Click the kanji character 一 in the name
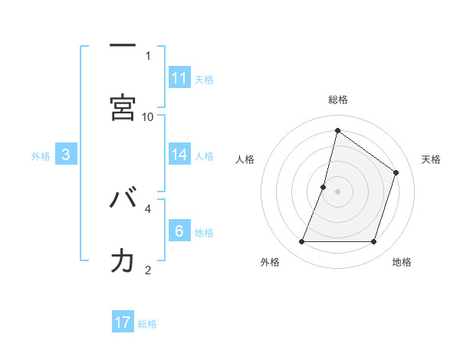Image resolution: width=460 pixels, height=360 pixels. point(123,47)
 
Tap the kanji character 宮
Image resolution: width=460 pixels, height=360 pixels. point(123,106)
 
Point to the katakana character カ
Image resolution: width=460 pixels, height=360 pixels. point(123,260)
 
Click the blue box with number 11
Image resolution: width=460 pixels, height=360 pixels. point(179,78)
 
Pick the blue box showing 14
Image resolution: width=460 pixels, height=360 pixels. point(179,155)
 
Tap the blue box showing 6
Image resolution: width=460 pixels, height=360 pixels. point(179,231)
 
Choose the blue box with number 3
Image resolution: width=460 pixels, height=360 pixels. point(66,155)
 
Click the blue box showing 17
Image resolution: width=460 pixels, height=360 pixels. point(123,322)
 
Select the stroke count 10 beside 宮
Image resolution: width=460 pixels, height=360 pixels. point(148,116)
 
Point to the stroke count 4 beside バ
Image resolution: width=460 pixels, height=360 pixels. point(148,207)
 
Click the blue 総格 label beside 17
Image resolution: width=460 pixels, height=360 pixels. point(147,324)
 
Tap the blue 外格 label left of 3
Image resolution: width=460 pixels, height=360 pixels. point(41,155)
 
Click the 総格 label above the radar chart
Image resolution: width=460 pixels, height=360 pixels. point(338,100)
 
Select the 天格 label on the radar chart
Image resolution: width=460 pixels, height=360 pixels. point(431,159)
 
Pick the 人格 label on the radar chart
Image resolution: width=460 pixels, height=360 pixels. point(245,159)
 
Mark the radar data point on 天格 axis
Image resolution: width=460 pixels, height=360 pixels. point(396,172)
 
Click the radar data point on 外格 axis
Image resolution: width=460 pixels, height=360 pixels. point(302,242)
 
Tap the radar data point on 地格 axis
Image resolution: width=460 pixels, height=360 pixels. point(373,242)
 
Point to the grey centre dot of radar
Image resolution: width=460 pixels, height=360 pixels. point(338,191)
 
